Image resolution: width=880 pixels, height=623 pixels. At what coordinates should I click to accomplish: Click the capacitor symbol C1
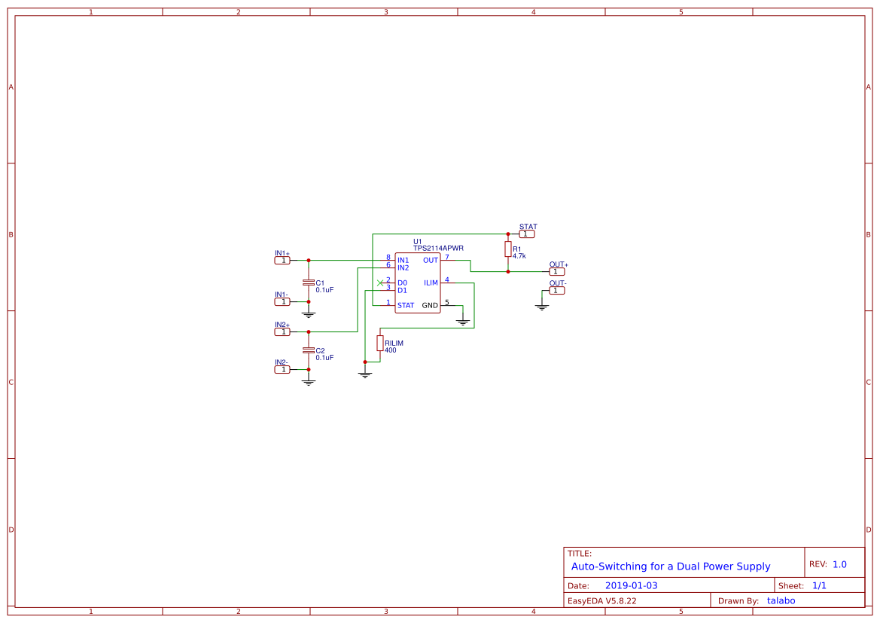click(x=308, y=282)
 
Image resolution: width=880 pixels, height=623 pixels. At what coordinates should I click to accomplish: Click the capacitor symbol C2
click(x=308, y=350)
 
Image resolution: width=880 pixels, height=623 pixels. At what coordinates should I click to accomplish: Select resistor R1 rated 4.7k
click(x=508, y=249)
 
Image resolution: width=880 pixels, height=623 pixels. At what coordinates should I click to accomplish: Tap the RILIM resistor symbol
click(x=380, y=344)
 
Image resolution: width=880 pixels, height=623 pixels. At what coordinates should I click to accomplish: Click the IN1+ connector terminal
click(x=282, y=261)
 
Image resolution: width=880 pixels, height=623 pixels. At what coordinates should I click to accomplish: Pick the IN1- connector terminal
click(x=282, y=301)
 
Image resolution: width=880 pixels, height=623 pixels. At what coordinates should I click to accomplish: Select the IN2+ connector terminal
click(x=282, y=331)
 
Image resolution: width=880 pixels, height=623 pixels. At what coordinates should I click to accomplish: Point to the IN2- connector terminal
click(x=282, y=369)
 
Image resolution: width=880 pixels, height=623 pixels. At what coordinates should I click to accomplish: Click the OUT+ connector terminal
click(x=557, y=271)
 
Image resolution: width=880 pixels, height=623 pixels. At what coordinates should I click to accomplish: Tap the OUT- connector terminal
click(x=557, y=290)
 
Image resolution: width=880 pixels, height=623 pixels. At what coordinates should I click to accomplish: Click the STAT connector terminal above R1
click(x=528, y=234)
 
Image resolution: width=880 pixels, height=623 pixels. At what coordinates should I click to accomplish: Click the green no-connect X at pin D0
click(x=380, y=283)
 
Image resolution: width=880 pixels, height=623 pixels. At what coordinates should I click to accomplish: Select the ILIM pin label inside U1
click(x=431, y=283)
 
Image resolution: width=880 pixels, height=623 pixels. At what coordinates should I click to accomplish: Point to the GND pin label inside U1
click(x=430, y=306)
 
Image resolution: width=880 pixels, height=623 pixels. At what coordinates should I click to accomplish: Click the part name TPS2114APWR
click(x=438, y=248)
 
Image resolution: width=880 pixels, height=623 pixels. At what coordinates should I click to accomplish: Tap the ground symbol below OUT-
click(x=541, y=307)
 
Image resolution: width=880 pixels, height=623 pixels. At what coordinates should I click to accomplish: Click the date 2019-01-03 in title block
click(x=631, y=585)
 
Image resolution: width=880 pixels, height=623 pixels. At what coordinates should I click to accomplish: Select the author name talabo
click(x=781, y=600)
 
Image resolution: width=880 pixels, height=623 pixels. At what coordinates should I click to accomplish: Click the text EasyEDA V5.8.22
click(x=601, y=600)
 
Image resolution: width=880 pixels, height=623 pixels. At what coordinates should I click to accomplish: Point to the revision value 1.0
click(x=839, y=564)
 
